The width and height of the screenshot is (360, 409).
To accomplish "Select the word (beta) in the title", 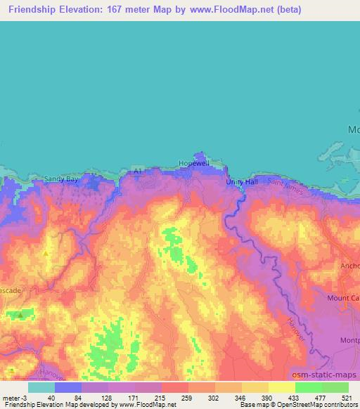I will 300,9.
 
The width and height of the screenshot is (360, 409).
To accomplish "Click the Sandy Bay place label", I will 61,179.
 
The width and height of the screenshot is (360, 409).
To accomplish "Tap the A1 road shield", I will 139,169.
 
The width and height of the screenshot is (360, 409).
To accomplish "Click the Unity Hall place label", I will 242,181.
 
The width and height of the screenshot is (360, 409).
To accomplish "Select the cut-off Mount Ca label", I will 343,297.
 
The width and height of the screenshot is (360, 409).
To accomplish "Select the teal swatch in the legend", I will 41,387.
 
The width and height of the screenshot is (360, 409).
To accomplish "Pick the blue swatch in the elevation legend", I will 68,387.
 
